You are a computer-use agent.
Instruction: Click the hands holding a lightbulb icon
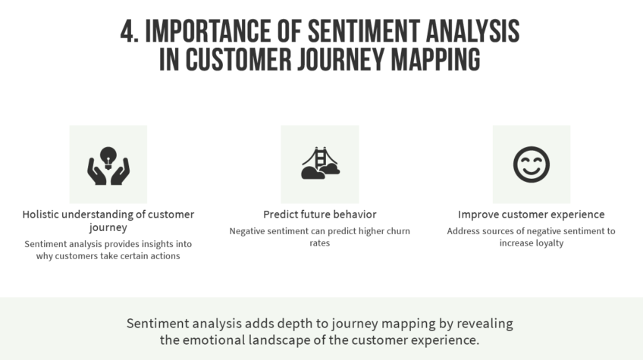108,164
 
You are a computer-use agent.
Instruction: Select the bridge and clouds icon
319,164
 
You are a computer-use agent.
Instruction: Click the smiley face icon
531,164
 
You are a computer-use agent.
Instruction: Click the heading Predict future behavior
319,214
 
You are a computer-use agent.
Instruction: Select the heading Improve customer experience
531,214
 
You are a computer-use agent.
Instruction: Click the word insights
148,244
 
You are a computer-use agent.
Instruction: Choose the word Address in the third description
464,231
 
